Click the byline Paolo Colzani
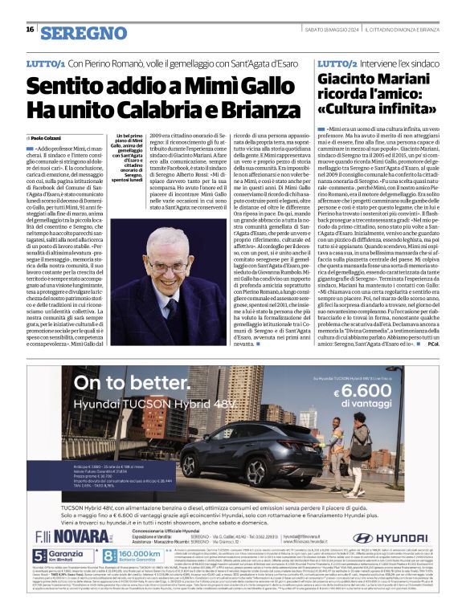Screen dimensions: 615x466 pos(50,138)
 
